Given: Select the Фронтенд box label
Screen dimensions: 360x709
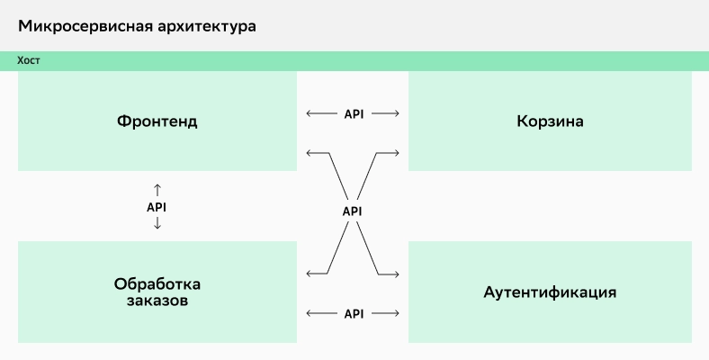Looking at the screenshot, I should click(x=157, y=121).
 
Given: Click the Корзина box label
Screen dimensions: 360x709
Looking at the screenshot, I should click(x=550, y=121).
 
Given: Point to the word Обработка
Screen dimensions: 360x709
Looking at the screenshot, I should click(x=157, y=283).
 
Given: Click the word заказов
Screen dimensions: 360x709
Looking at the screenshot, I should click(x=157, y=301).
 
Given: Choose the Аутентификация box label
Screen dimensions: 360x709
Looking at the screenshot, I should click(x=550, y=292).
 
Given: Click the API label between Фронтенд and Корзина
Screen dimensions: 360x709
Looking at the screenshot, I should click(x=353, y=114).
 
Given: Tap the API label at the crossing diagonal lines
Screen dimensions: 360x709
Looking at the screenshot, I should click(x=353, y=211).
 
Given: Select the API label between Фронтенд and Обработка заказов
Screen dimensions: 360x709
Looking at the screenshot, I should click(x=157, y=207).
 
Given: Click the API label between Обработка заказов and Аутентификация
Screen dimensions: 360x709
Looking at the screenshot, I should click(x=353, y=314).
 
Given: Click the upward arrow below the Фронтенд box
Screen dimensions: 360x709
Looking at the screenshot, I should click(x=157, y=189).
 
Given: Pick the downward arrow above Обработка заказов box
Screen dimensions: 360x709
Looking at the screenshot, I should click(x=157, y=224).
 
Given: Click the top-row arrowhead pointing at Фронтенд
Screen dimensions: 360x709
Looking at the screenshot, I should click(x=309, y=114).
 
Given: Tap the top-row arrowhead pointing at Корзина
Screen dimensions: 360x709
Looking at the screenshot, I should click(x=396, y=114).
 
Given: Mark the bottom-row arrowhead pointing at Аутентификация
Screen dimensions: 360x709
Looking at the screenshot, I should click(x=396, y=314).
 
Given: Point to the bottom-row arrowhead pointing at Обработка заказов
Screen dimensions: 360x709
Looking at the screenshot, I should click(x=309, y=314).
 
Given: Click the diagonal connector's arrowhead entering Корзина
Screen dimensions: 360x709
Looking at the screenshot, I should click(x=396, y=153).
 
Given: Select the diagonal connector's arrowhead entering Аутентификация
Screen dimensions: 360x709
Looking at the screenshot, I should click(x=396, y=273).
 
